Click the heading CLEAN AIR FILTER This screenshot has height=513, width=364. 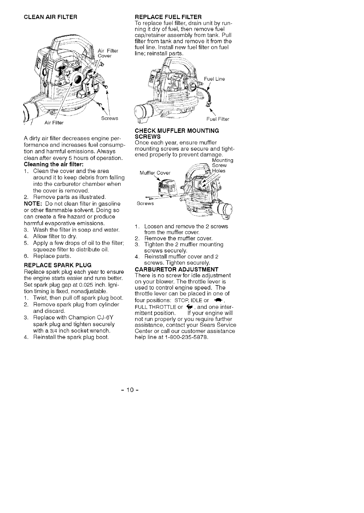click(x=50, y=17)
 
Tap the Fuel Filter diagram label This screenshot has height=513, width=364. click(x=218, y=119)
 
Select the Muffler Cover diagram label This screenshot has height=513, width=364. click(x=155, y=173)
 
